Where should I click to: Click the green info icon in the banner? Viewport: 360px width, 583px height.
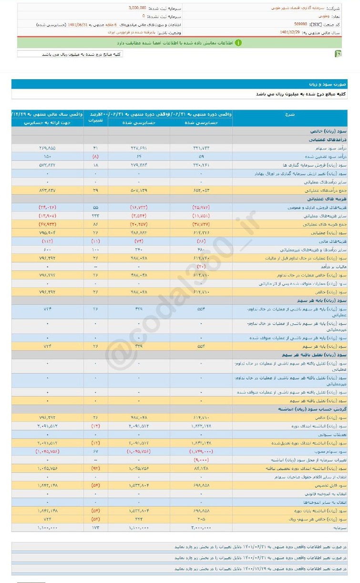click(238, 42)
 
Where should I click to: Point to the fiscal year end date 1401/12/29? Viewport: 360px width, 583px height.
click(290, 32)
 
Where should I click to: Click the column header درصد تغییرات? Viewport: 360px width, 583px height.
click(95, 118)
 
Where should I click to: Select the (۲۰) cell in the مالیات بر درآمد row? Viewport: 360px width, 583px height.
click(201, 267)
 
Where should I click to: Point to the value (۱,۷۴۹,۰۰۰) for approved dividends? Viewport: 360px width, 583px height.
click(201, 451)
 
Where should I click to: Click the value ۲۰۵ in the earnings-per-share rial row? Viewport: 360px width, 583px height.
click(201, 519)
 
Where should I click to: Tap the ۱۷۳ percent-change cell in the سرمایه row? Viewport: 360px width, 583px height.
click(95, 527)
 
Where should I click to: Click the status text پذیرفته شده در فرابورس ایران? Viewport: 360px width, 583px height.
click(128, 32)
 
